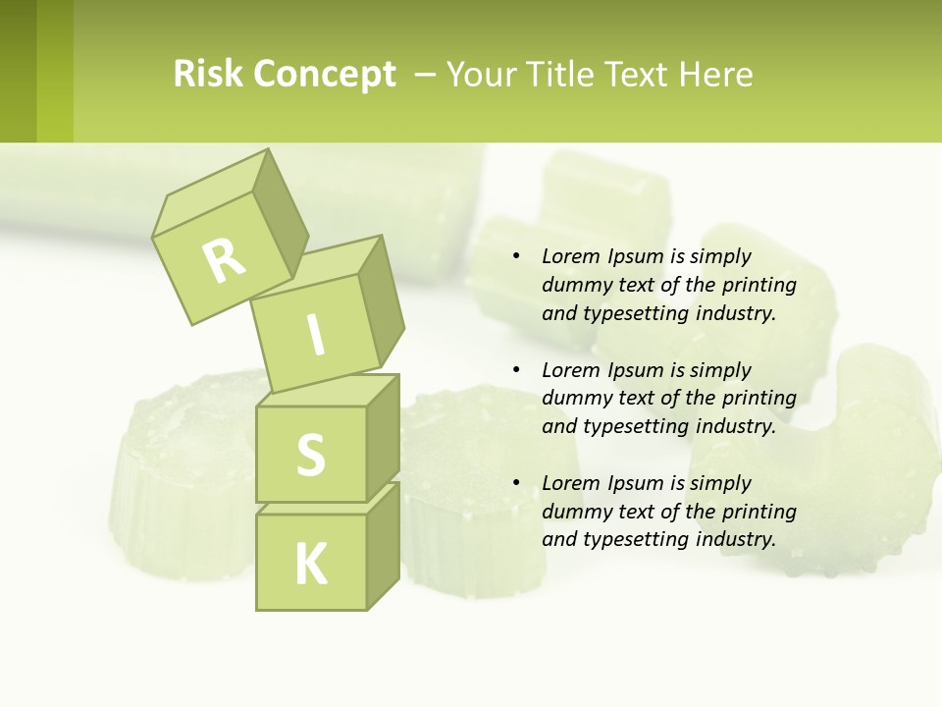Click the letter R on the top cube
pos(224,259)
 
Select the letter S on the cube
pos(310,455)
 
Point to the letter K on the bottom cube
pos(310,565)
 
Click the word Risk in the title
pos(209,74)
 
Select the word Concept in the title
pos(325,76)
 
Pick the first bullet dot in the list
pos(516,257)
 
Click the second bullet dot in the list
pos(516,370)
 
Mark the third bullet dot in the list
pos(516,483)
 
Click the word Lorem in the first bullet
pos(571,256)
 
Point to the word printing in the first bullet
pos(759,285)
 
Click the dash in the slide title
pos(426,75)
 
